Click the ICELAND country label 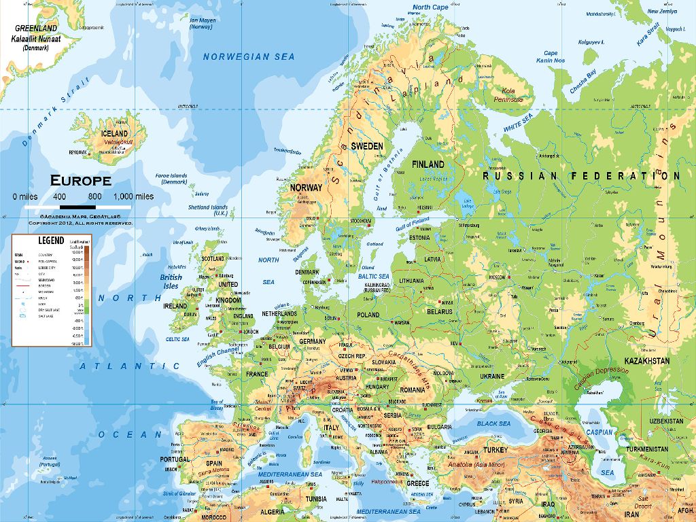coord(114,133)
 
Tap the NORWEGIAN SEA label coord(249,57)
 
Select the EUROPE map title coord(80,181)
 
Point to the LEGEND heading coord(51,241)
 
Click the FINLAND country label coord(428,164)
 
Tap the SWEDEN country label coord(367,146)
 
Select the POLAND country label coord(368,315)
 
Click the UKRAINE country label coord(492,376)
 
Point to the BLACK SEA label coord(493,423)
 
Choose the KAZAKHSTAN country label coord(646,361)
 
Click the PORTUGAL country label coord(175,459)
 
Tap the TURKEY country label coord(495,449)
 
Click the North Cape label coord(430,7)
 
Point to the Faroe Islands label coord(171,179)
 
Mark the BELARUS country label coord(439,311)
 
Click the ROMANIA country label coord(412,390)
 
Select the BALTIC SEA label coord(374,277)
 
